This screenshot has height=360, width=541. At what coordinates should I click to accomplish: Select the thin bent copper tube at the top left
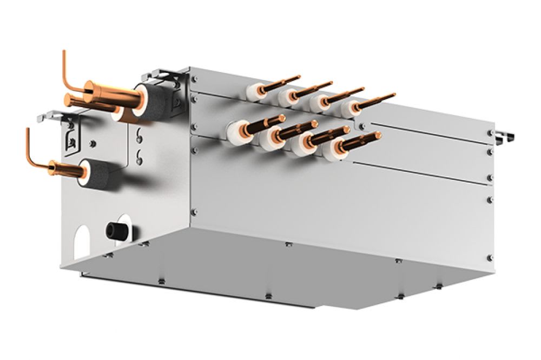point(68,73)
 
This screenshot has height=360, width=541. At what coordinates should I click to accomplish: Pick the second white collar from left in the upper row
point(287,97)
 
